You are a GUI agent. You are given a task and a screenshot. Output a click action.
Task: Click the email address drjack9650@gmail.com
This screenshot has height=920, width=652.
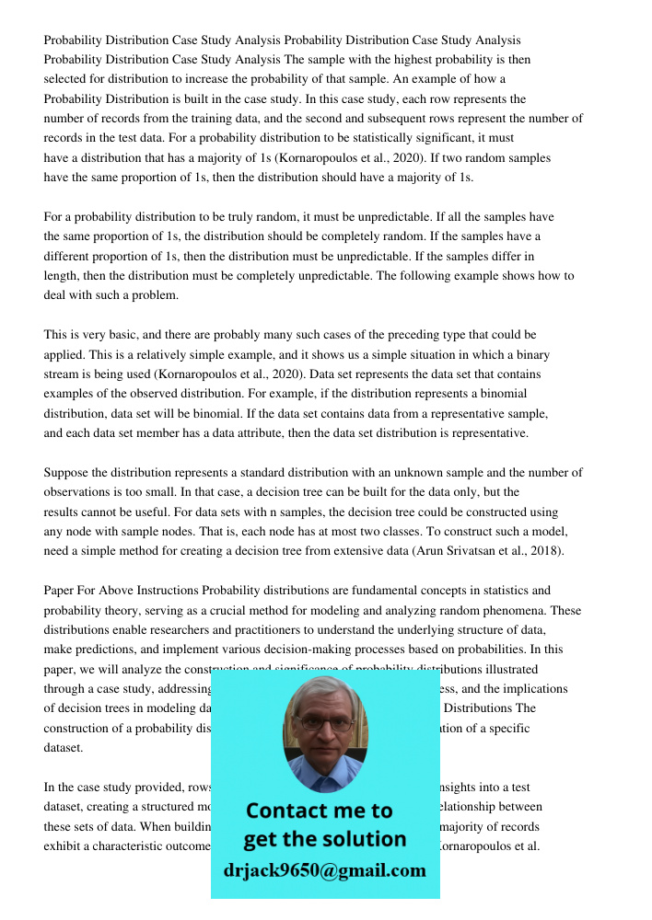tap(324, 870)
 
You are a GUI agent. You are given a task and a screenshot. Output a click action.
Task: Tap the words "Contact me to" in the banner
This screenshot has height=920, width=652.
tap(319, 811)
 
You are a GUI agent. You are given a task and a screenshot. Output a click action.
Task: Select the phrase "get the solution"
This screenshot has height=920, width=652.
tap(324, 839)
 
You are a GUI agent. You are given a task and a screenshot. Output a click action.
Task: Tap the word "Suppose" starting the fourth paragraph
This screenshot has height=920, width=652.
tap(67, 472)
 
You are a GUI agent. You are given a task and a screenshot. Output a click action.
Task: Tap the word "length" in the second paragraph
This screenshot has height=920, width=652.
tap(61, 275)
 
